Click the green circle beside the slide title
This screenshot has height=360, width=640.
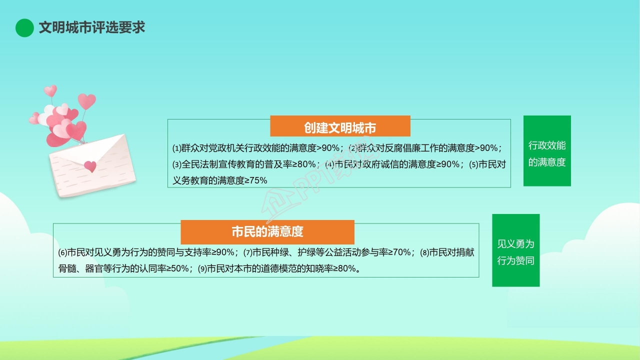coord(24,27)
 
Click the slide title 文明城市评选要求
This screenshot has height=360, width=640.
coord(91,27)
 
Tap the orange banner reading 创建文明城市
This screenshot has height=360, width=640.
coord(340,126)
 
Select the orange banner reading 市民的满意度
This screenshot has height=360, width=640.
coord(267,232)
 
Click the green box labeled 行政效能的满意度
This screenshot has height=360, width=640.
coord(547,151)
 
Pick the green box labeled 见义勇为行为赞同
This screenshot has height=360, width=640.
coord(515,250)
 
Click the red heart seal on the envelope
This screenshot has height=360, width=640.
coord(90,166)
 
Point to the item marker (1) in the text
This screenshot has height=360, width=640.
coord(177,148)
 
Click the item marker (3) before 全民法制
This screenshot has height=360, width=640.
coord(177,164)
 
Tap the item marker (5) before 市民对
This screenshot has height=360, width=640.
coord(473,164)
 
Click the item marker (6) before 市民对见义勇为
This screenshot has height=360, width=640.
coord(62,252)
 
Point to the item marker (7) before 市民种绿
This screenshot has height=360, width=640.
coord(248,252)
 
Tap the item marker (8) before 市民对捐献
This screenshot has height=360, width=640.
coord(424,252)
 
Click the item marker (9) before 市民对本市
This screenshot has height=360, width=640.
coord(202,269)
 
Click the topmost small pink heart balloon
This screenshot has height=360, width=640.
coord(50,90)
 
